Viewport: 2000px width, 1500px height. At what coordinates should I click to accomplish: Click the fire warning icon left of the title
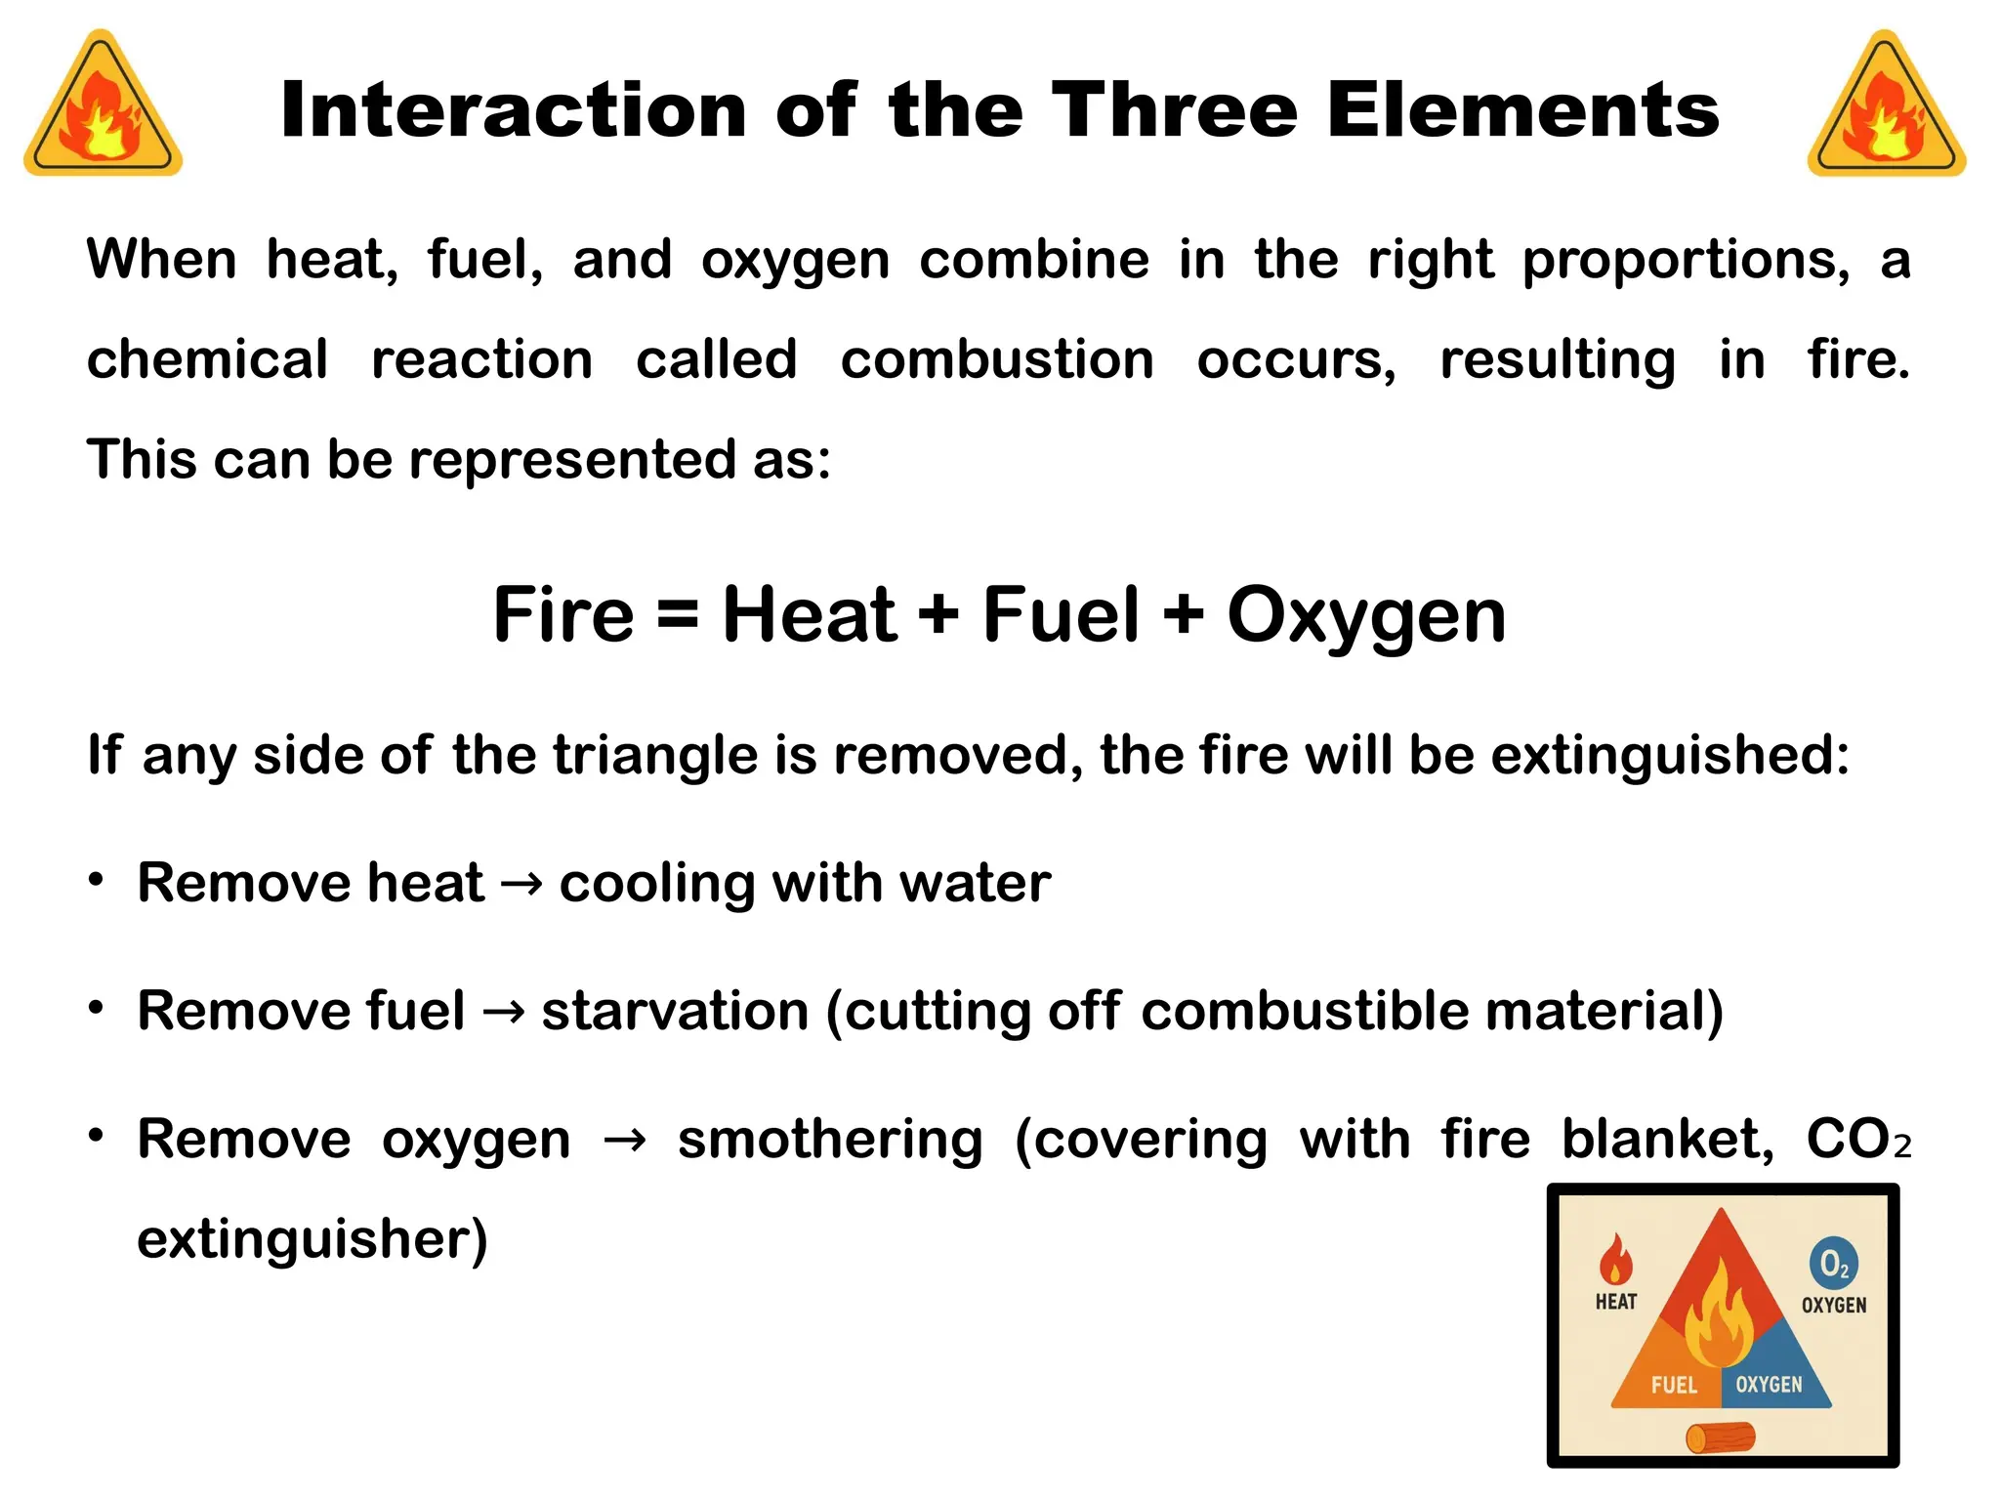pos(103,105)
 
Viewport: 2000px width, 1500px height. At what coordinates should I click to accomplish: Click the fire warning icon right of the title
pos(1886,105)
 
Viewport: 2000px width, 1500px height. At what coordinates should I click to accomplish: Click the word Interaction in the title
pos(514,110)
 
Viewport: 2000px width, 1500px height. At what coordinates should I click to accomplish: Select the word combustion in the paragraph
pos(997,360)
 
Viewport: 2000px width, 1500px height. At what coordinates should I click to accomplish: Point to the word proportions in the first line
pos(1686,261)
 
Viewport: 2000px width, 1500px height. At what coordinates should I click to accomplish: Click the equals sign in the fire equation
pos(678,615)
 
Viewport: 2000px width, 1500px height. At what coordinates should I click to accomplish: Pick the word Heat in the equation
pos(809,615)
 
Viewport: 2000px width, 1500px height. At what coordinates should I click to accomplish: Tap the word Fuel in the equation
pos(1061,615)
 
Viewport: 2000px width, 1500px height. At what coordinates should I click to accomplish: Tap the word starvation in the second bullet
pos(675,1011)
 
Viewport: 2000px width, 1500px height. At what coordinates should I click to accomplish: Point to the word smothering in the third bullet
pos(830,1140)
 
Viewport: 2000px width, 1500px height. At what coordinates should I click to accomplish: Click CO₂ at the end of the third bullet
pos(1857,1140)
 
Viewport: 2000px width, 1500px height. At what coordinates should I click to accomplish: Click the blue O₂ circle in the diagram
pos(1833,1264)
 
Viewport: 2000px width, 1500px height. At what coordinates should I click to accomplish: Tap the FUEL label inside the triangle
pos(1674,1385)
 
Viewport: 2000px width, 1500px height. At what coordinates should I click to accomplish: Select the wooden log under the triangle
pos(1721,1437)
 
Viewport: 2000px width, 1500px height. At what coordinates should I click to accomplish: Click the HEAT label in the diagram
pos(1616,1302)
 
